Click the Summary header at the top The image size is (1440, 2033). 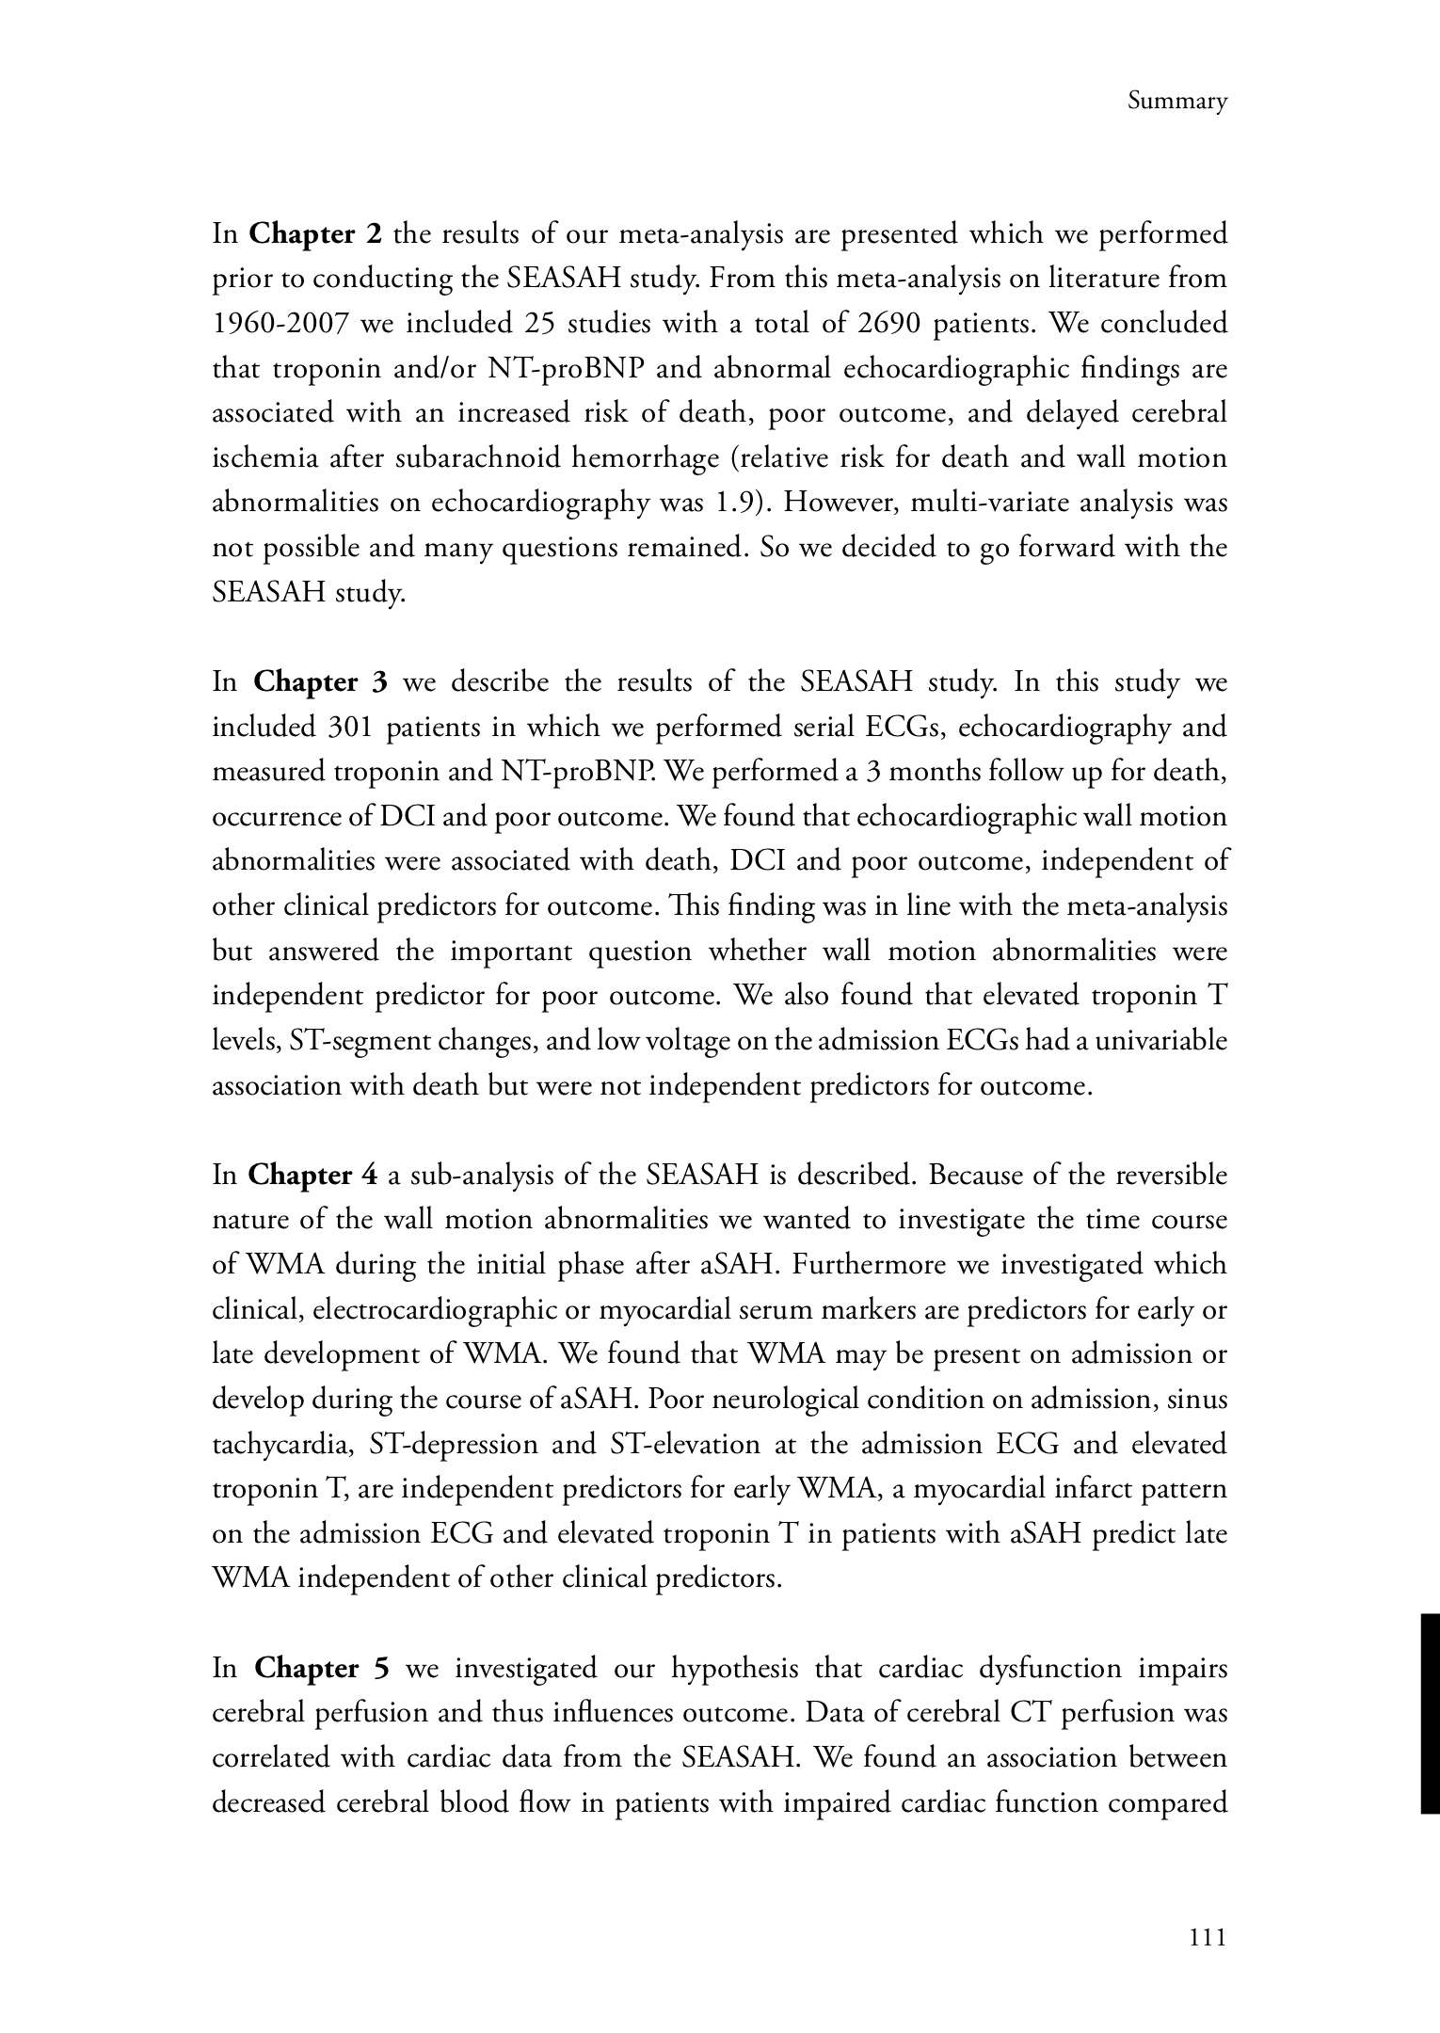coord(1176,102)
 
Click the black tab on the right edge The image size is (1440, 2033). coord(1429,1713)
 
